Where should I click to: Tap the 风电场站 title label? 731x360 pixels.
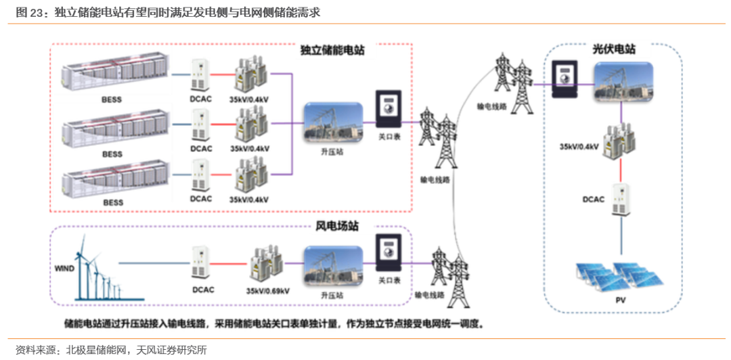click(x=337, y=226)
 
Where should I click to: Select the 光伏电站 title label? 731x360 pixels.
click(x=614, y=49)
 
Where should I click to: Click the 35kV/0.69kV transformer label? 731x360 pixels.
click(x=268, y=291)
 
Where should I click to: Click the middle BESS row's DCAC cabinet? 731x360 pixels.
click(x=201, y=126)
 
